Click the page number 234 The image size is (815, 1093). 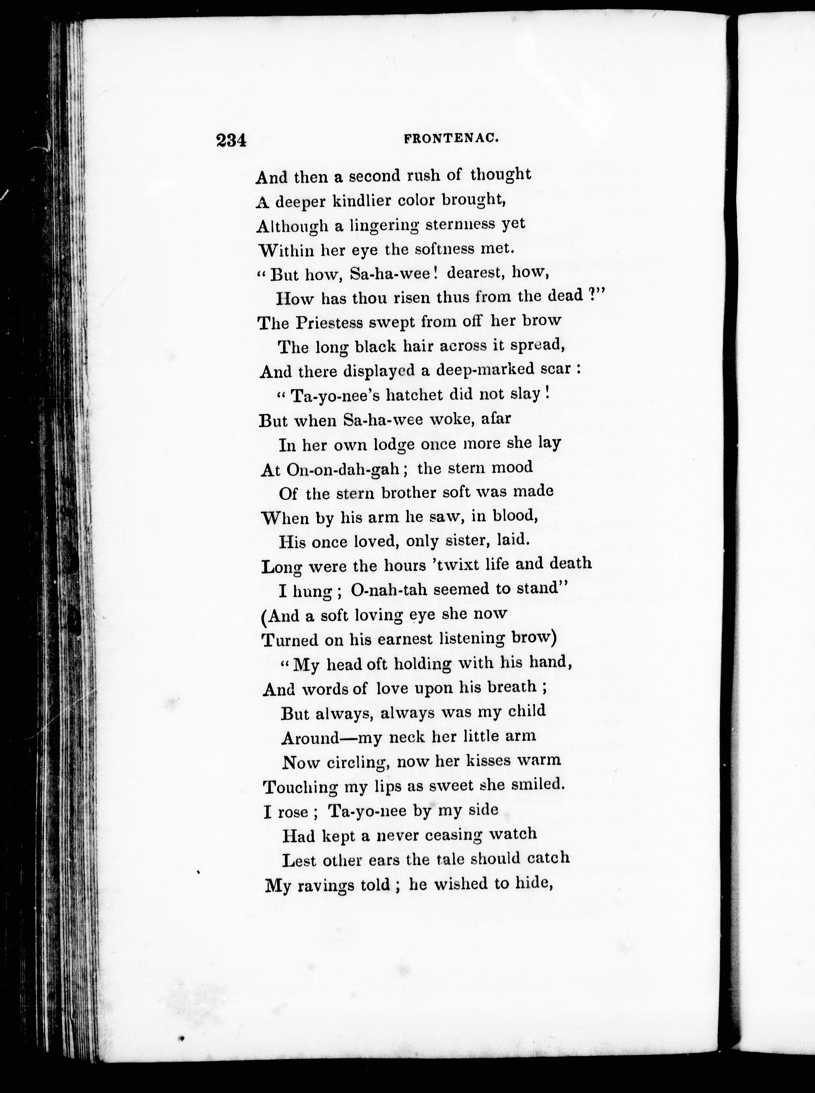(x=230, y=141)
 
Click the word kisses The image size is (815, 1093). (x=472, y=761)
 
